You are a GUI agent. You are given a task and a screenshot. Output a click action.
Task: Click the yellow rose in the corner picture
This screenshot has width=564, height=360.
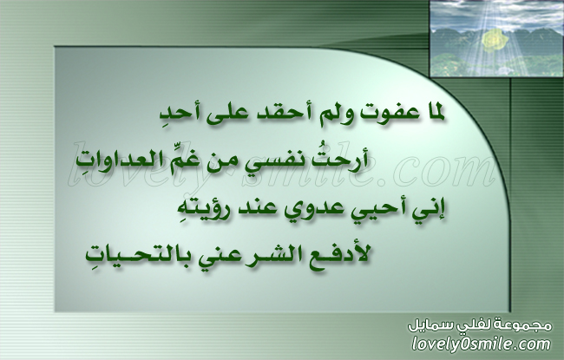pyautogui.click(x=495, y=40)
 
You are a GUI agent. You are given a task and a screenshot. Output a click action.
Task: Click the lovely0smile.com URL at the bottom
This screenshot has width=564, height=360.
pyautogui.click(x=482, y=344)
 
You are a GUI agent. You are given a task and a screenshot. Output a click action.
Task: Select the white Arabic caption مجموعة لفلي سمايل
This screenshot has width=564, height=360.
pyautogui.click(x=480, y=325)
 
